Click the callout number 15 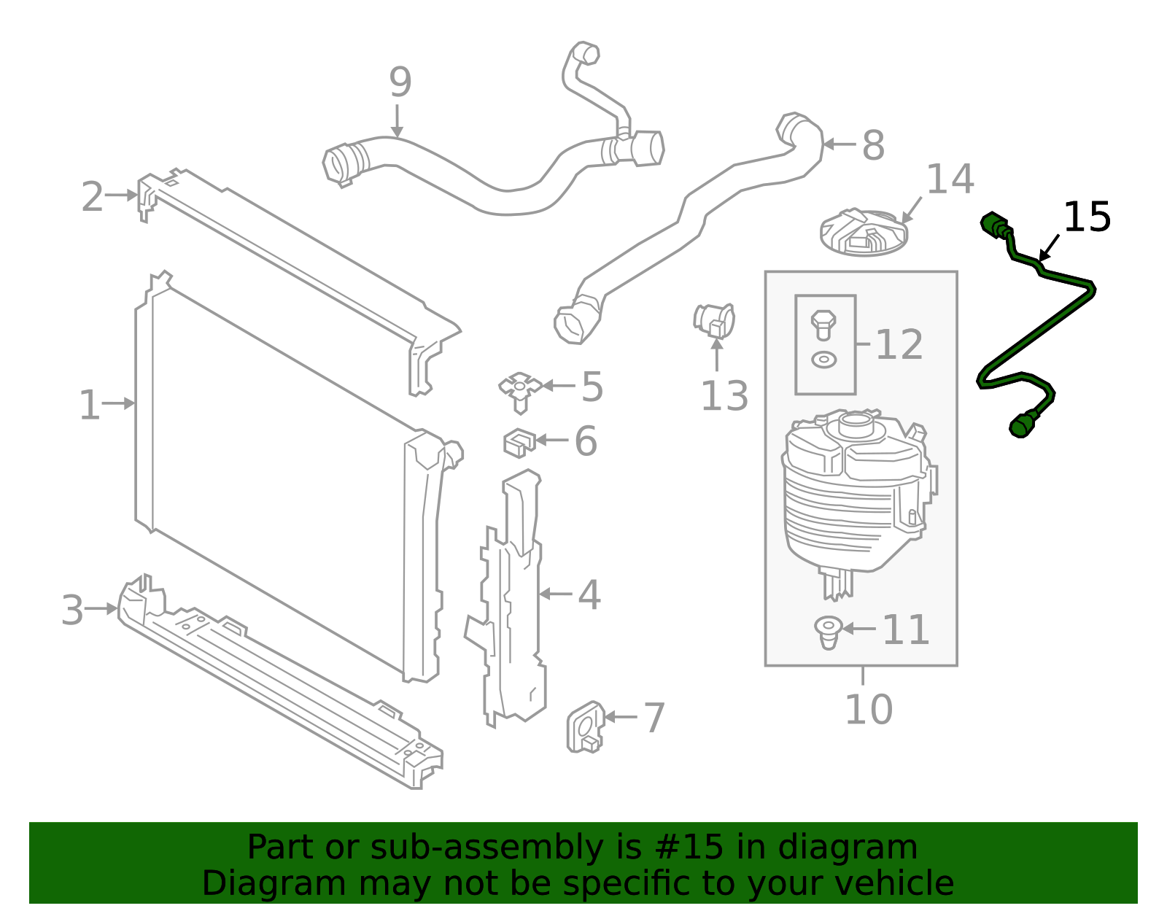pos(1087,217)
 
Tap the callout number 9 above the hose pos(400,82)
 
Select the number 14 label pos(950,179)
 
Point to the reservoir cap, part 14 pos(864,233)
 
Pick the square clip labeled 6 pos(519,442)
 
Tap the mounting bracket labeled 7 pos(586,727)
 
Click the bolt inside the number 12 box pos(823,325)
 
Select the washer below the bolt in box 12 pos(823,360)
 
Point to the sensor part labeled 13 pos(714,320)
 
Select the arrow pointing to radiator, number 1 pos(118,403)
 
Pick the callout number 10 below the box pos(869,710)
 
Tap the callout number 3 pos(72,610)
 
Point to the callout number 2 pos(92,196)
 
